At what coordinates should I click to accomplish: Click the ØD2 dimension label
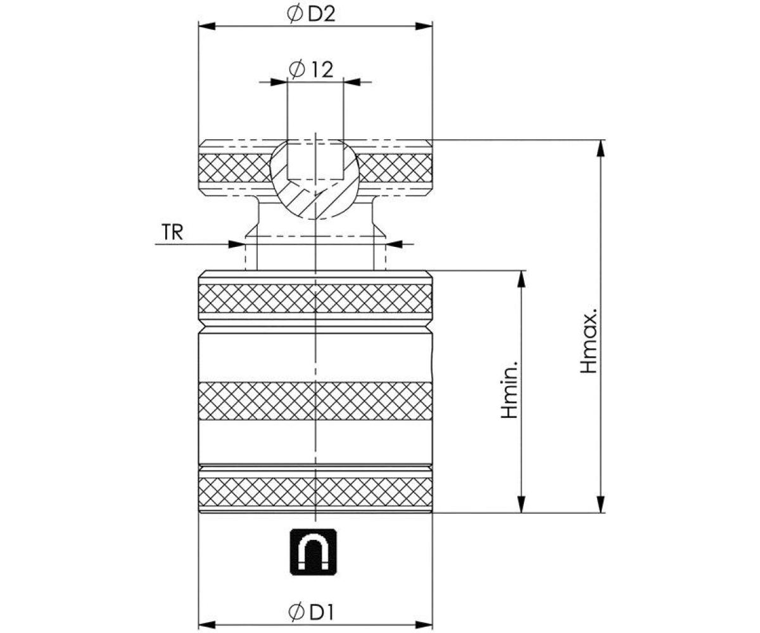(x=311, y=15)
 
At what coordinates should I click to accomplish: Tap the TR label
(x=172, y=232)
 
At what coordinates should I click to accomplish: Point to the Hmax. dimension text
(x=590, y=342)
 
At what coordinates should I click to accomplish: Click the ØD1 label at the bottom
(x=311, y=611)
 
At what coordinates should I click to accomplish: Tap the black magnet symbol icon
(x=313, y=551)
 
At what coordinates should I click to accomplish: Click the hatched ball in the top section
(x=315, y=190)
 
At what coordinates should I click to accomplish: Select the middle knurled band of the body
(x=315, y=401)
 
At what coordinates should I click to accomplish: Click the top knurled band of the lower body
(x=315, y=298)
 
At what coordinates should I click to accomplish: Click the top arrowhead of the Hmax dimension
(x=600, y=147)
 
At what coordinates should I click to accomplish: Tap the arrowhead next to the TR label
(x=236, y=244)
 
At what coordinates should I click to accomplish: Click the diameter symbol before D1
(x=296, y=611)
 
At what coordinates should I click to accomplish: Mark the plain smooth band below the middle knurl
(x=315, y=442)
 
